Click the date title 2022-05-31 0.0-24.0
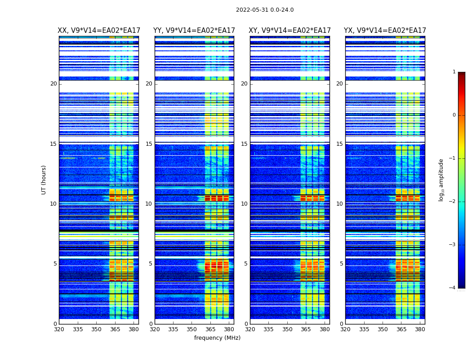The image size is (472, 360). pyautogui.click(x=265, y=10)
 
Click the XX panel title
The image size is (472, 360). pyautogui.click(x=98, y=31)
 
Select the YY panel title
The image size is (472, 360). pyautogui.click(x=194, y=31)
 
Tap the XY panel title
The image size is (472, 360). pyautogui.click(x=290, y=31)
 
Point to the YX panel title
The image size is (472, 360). pyautogui.click(x=385, y=31)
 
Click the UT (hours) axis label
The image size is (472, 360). pyautogui.click(x=44, y=180)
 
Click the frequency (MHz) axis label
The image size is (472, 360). pyautogui.click(x=217, y=338)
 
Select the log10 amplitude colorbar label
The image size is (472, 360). pyautogui.click(x=441, y=180)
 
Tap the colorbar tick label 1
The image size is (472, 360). pyautogui.click(x=454, y=72)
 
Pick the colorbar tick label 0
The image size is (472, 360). pyautogui.click(x=454, y=115)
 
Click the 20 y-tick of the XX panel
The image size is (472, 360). pyautogui.click(x=53, y=84)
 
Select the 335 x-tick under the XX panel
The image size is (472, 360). pyautogui.click(x=77, y=329)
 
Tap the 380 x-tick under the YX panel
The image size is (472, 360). pyautogui.click(x=420, y=329)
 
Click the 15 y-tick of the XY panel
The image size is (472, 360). pyautogui.click(x=245, y=144)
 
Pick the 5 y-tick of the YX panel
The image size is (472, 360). pyautogui.click(x=342, y=264)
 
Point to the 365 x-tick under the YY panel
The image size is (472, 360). pyautogui.click(x=210, y=329)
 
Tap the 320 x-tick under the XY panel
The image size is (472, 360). pyautogui.click(x=250, y=329)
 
